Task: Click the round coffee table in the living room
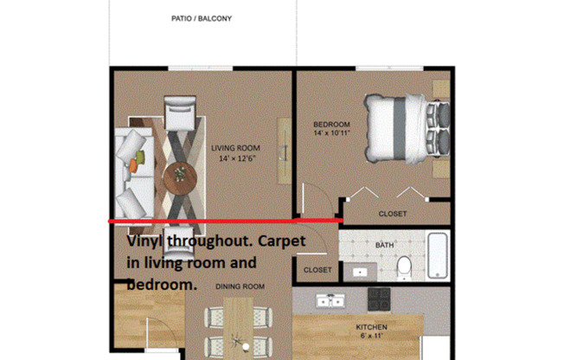(x=181, y=176)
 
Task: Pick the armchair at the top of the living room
(x=182, y=113)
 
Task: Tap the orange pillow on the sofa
(x=138, y=160)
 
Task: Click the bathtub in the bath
(x=438, y=255)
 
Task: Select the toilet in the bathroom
(x=403, y=269)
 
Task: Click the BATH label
(x=385, y=245)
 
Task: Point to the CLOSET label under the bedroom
(x=393, y=214)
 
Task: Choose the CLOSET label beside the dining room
(x=317, y=270)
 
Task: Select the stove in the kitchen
(x=379, y=299)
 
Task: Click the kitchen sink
(x=330, y=300)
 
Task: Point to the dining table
(x=237, y=329)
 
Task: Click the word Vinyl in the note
(x=146, y=243)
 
